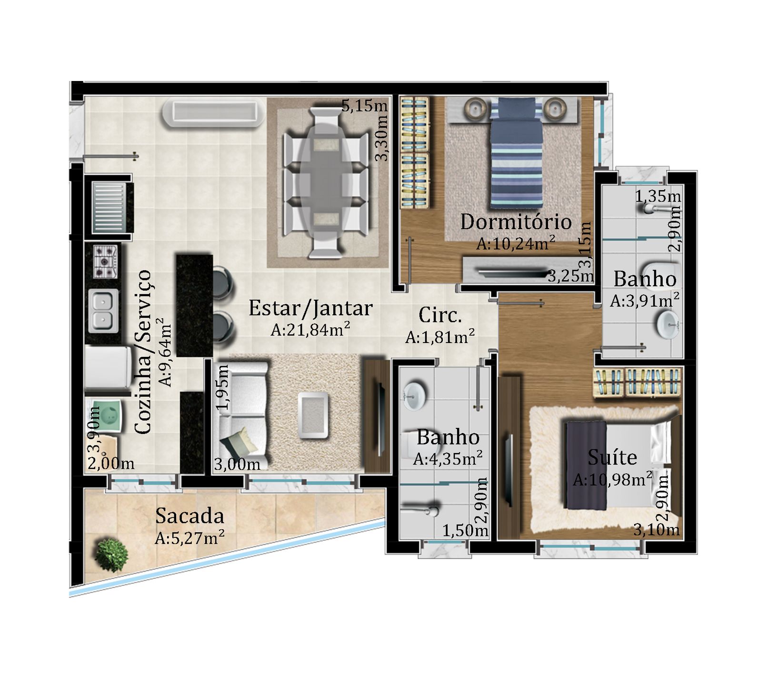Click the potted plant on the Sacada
pyautogui.click(x=111, y=555)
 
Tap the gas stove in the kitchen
pyautogui.click(x=105, y=262)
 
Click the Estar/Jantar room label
pyautogui.click(x=310, y=309)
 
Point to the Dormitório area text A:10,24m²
pyautogui.click(x=516, y=243)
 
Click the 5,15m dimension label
pyautogui.click(x=364, y=106)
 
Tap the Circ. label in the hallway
pyautogui.click(x=440, y=315)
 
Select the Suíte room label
pyautogui.click(x=612, y=457)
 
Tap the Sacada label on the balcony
pyautogui.click(x=189, y=516)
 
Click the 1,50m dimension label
pyautogui.click(x=465, y=530)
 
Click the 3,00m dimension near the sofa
pyautogui.click(x=237, y=464)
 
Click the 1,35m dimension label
pyautogui.click(x=658, y=196)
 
